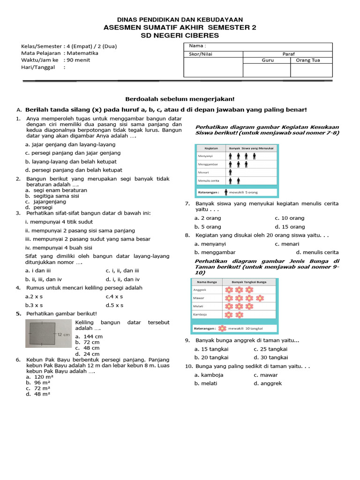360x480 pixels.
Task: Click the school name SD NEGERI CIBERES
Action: [180, 36]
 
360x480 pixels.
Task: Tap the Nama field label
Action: [197, 46]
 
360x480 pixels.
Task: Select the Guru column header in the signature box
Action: [266, 60]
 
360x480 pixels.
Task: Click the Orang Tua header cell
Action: [311, 60]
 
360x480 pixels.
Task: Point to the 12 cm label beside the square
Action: [63, 335]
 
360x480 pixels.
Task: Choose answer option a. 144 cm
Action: [90, 337]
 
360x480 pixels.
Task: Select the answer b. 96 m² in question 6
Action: [38, 382]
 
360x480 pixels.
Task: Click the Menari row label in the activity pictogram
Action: [204, 172]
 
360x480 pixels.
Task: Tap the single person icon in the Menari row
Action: [231, 172]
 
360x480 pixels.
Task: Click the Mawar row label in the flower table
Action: [199, 298]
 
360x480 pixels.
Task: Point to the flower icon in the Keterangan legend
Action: [223, 329]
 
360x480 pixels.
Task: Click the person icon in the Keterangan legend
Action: [226, 192]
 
